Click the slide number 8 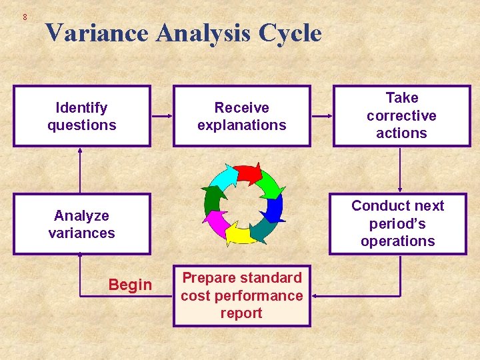(25, 17)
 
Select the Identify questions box (82, 116)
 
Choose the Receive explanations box (241, 116)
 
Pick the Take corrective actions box (401, 115)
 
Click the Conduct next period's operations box (397, 223)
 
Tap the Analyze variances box (82, 224)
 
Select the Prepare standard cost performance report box (241, 295)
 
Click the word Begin (130, 285)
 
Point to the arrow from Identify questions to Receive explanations (162, 117)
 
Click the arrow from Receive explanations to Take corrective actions (321, 117)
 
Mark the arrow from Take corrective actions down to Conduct (400, 170)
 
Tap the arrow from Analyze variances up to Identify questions (80, 170)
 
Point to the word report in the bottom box (241, 313)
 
